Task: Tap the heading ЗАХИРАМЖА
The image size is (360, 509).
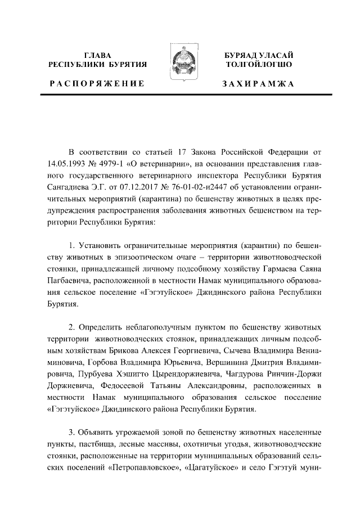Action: pos(258,83)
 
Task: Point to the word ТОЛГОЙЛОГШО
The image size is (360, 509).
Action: pos(258,65)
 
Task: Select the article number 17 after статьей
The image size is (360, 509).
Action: pos(172,152)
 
